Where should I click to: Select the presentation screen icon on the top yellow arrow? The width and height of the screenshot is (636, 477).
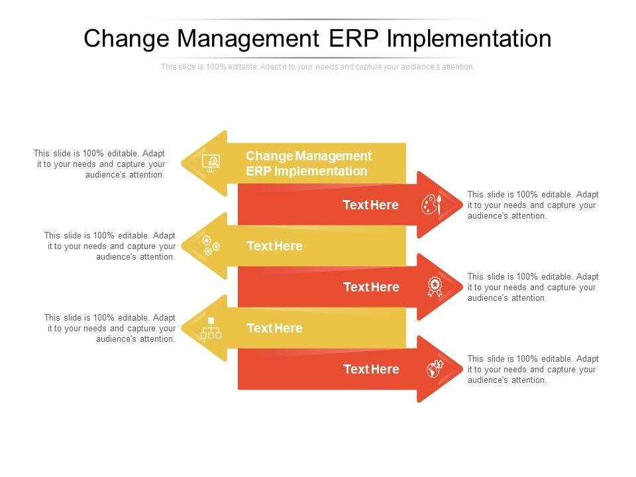click(211, 163)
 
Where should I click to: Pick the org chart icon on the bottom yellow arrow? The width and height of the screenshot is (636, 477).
click(211, 328)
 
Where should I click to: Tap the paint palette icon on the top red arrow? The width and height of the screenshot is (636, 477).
click(431, 204)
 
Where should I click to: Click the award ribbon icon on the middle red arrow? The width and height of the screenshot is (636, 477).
click(435, 286)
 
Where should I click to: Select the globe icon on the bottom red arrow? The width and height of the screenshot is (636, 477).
click(435, 369)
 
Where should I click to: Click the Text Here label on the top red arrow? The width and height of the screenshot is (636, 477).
click(370, 205)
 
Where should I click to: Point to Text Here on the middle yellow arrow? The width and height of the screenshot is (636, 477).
click(274, 246)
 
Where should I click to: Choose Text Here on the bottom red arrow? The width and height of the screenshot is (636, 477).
click(371, 369)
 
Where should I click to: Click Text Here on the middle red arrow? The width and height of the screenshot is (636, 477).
click(371, 287)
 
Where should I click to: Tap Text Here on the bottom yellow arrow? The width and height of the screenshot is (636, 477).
click(274, 328)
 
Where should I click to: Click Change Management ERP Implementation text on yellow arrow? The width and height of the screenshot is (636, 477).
click(308, 164)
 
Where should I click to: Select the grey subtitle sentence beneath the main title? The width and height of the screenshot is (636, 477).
click(318, 67)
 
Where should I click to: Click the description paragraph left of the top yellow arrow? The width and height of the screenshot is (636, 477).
click(99, 164)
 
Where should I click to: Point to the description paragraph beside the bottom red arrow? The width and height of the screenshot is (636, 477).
click(533, 369)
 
